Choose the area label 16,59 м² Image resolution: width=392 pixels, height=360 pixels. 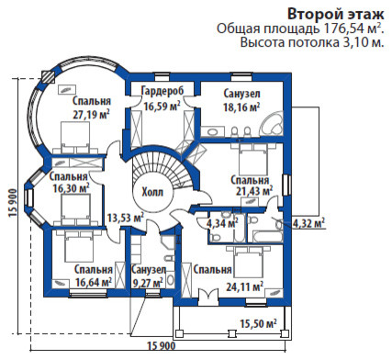[162, 106]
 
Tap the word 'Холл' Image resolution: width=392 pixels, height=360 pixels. [153, 192]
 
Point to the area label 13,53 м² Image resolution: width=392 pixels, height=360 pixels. [125, 218]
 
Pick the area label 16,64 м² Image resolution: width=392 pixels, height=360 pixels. [94, 283]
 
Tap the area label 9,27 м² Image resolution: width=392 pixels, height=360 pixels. [147, 284]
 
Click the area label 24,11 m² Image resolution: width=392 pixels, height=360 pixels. [243, 286]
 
